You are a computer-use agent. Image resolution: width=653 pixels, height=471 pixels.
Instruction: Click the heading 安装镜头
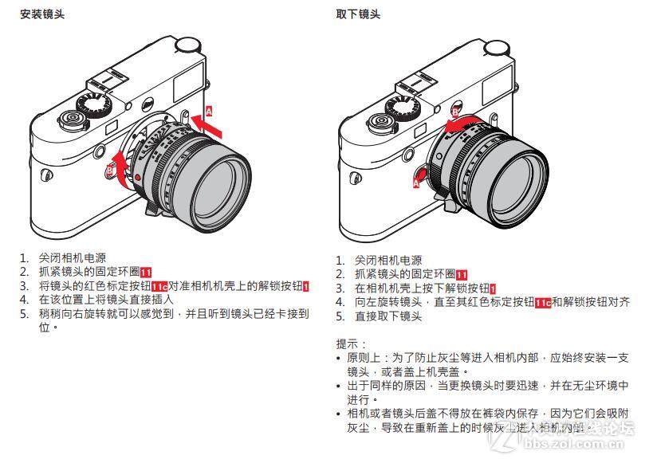[x=42, y=14]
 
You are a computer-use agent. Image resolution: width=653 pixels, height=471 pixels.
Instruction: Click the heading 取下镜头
[x=358, y=14]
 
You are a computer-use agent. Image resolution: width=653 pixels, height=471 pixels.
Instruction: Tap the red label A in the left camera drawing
[x=210, y=111]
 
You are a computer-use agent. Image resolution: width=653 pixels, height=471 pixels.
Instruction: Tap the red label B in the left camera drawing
[x=109, y=170]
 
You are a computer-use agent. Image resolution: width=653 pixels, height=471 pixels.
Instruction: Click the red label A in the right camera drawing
[x=415, y=183]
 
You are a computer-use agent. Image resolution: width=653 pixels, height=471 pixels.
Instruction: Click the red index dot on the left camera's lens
[x=138, y=177]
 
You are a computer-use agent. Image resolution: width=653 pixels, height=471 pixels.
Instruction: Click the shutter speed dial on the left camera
[x=94, y=104]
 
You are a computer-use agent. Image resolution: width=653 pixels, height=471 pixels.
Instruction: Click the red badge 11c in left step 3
[x=159, y=286]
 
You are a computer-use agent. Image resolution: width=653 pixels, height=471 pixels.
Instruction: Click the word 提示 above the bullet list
[x=348, y=343]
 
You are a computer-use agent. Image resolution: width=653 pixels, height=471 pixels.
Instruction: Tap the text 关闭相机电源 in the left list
[x=73, y=258]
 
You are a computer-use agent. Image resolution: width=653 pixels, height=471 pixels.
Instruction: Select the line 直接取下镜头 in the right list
[x=388, y=316]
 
